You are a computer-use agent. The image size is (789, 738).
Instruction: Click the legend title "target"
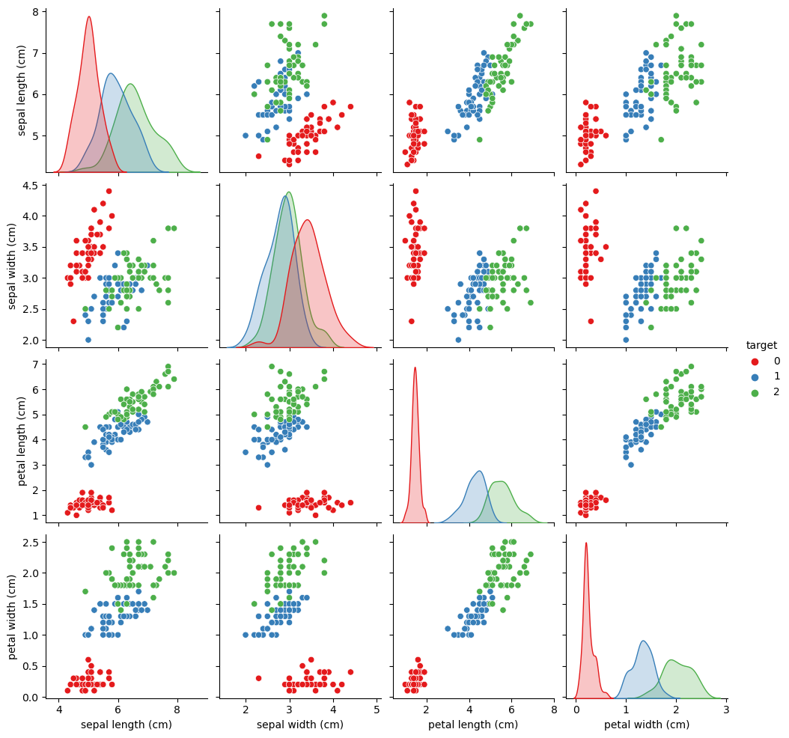[762, 345]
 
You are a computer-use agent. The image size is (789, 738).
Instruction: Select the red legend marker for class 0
[755, 362]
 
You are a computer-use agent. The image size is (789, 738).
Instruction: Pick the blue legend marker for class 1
[755, 376]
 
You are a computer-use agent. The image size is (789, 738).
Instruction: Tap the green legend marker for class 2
[755, 392]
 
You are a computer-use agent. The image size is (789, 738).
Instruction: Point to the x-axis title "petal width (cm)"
[647, 725]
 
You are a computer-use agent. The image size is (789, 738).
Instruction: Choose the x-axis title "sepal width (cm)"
[300, 725]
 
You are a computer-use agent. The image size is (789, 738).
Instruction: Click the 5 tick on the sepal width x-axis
[376, 710]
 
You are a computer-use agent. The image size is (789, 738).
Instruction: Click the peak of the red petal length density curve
[415, 368]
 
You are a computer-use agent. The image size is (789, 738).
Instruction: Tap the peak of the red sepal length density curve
[89, 16]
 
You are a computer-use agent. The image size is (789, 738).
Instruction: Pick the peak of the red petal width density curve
[586, 543]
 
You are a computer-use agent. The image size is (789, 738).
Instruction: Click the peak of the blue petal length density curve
[479, 471]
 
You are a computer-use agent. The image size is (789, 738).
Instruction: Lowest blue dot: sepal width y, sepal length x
[88, 340]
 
